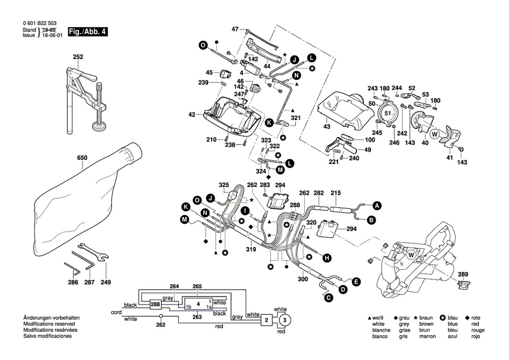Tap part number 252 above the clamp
[78, 57]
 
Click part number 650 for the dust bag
[82, 158]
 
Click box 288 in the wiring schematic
[155, 305]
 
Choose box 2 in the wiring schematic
[265, 320]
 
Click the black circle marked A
[377, 206]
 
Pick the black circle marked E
[356, 281]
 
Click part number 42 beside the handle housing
[192, 115]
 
